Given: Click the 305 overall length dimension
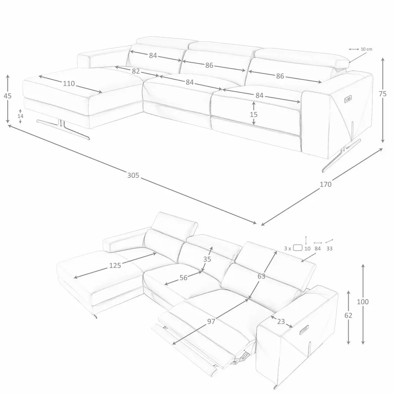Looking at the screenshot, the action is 133,175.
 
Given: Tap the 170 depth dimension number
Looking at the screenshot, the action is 325,184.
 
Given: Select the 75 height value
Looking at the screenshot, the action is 383,94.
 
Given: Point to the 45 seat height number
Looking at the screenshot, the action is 7,96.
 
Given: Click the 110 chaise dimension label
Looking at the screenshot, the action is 69,84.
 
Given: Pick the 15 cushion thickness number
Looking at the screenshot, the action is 253,114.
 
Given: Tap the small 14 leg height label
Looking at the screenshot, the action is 20,116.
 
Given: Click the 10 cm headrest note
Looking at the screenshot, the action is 366,49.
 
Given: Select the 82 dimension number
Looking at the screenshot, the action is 136,71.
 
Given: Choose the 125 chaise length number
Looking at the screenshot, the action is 115,265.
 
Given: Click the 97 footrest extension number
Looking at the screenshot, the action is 211,322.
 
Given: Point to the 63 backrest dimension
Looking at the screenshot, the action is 261,276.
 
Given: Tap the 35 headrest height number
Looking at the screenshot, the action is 207,259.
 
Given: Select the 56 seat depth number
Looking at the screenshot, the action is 184,278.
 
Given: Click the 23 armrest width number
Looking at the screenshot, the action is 281,322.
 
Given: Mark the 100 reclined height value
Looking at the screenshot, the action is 362,301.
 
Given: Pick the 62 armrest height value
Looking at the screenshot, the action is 348,315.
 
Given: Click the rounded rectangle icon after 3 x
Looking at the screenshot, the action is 298,248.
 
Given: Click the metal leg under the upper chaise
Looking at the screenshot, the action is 63,127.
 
